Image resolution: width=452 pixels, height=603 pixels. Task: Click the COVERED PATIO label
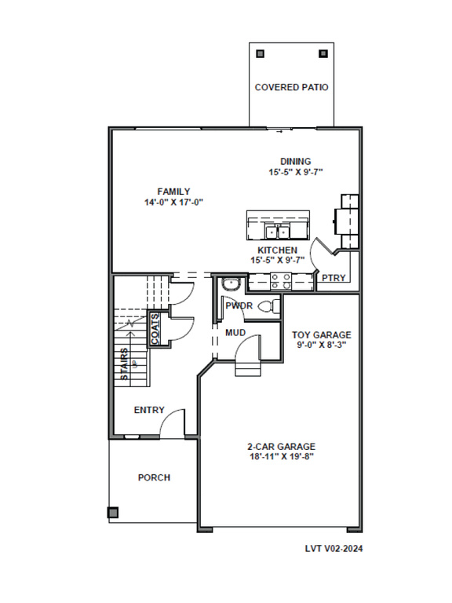click(291, 87)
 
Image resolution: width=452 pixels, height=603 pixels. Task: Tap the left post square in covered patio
click(261, 53)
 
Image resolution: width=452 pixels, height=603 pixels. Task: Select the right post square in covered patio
click(323, 53)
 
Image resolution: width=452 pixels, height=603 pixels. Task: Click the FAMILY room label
click(173, 192)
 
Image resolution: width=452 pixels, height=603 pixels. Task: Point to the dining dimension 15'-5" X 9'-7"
click(296, 172)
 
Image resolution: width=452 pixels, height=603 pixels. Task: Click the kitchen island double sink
click(277, 232)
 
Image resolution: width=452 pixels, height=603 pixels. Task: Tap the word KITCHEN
click(278, 250)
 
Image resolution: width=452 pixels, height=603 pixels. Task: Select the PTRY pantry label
click(334, 278)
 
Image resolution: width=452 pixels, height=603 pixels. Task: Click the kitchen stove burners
click(281, 281)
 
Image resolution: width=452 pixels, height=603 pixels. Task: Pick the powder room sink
click(231, 284)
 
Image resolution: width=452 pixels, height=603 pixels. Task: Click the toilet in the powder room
click(268, 306)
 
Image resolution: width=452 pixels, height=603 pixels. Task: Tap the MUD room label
click(235, 333)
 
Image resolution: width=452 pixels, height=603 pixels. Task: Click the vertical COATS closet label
click(155, 329)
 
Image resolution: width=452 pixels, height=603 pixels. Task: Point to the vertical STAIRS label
click(124, 364)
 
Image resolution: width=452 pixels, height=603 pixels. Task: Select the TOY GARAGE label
click(322, 335)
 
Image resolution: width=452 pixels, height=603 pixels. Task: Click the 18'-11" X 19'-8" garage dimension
click(282, 457)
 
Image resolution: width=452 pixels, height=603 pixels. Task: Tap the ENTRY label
click(149, 410)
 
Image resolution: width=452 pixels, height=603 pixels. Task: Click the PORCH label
click(154, 477)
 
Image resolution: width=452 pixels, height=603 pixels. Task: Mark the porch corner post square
click(113, 513)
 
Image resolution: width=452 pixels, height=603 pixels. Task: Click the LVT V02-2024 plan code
click(334, 549)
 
